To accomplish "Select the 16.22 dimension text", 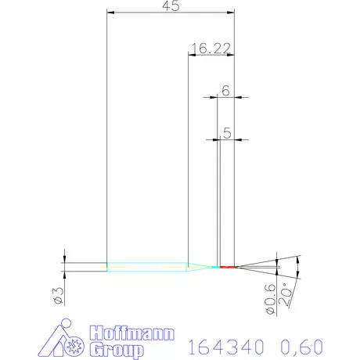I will [210, 49].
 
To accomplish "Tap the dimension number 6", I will [225, 91].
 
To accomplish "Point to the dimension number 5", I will [226, 134].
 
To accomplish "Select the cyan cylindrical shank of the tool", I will [146, 267].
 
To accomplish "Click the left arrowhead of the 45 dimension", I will [110, 13].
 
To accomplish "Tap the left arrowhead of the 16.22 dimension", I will [192, 54].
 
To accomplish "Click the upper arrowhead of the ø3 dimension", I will [64, 258].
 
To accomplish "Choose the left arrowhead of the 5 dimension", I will [214, 139].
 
